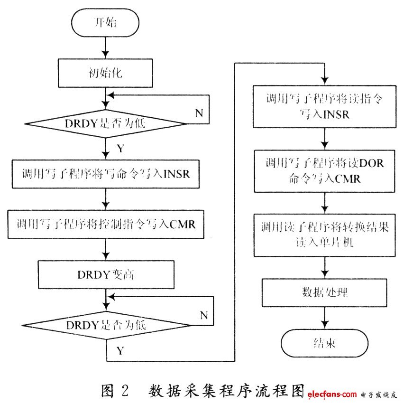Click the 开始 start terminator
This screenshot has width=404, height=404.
105,22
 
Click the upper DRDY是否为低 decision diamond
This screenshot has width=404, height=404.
105,124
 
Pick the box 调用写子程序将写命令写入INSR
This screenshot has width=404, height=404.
106,174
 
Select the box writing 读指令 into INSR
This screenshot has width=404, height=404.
324,107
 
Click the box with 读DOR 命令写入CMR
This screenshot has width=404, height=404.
324,171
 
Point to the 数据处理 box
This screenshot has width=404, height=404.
324,292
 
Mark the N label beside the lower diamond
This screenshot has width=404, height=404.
204,315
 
